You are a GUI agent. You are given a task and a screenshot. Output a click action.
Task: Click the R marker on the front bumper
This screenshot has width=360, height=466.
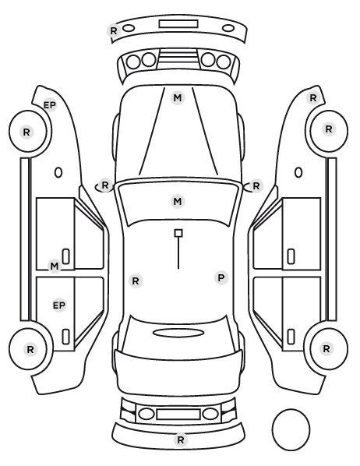[x=114, y=30]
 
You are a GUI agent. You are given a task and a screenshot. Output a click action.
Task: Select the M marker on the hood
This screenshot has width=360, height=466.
[x=178, y=97]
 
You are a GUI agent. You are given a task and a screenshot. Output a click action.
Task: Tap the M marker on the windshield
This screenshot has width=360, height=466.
[x=178, y=201]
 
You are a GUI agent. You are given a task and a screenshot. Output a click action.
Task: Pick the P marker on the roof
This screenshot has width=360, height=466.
[x=221, y=278]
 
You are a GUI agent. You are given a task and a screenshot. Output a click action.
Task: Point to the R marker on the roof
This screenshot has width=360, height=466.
[x=136, y=281]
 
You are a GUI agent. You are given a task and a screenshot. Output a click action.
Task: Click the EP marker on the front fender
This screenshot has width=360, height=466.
[x=50, y=105]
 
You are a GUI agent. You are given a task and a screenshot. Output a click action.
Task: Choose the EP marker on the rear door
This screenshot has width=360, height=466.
[x=59, y=305]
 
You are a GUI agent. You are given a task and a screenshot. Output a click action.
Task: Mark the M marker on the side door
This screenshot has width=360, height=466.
[x=55, y=266]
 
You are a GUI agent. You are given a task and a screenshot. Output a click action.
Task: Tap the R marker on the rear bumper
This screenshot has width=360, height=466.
[x=181, y=440]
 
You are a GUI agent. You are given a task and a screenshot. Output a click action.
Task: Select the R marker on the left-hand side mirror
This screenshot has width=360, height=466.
[x=105, y=185]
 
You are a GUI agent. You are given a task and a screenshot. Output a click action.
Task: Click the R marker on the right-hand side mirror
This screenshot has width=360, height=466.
[x=256, y=186]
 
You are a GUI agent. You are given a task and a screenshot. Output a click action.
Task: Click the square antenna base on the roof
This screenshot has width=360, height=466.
[x=178, y=233]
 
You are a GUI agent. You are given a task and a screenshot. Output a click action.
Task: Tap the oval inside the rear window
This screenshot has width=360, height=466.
[x=178, y=333]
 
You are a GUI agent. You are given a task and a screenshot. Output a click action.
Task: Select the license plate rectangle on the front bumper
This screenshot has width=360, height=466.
[x=178, y=24]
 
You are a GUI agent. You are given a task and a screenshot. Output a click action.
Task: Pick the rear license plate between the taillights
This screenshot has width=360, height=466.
[x=178, y=414]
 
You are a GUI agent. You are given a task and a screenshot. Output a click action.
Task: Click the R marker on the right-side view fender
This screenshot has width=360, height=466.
[x=312, y=97]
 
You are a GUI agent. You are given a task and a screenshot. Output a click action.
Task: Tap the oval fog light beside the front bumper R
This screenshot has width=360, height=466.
[x=129, y=28]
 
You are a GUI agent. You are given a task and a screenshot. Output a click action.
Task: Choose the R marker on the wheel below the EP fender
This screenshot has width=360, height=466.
[x=26, y=132]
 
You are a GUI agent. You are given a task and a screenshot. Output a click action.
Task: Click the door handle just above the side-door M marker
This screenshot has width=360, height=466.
[x=66, y=256]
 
